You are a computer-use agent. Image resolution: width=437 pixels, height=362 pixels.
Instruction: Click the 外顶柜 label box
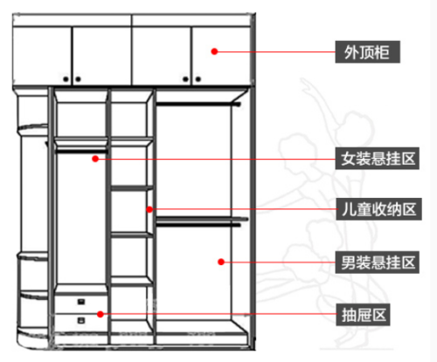click(x=367, y=52)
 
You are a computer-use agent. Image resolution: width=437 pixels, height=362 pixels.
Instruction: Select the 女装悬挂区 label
click(x=378, y=159)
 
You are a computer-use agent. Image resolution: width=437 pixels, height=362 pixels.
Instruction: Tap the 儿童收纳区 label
click(x=378, y=209)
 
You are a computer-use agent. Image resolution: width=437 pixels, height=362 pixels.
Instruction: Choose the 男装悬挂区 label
click(x=378, y=263)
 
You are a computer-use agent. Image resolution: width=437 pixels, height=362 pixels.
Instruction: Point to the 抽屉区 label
click(x=363, y=315)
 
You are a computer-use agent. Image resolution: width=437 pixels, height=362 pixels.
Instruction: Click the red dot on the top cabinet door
click(x=214, y=51)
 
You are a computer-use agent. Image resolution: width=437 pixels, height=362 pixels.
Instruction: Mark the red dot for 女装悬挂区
click(x=95, y=159)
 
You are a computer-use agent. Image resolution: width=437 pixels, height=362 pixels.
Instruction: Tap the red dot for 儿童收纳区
click(x=149, y=209)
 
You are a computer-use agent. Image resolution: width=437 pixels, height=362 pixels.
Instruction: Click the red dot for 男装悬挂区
click(x=221, y=262)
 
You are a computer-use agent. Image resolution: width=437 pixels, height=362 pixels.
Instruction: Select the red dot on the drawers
click(x=101, y=314)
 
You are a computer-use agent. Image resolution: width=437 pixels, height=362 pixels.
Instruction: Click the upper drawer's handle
click(x=81, y=302)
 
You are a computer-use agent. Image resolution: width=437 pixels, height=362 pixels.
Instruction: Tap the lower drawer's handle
click(x=81, y=320)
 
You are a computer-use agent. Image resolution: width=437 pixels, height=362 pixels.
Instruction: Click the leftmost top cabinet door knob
click(x=66, y=79)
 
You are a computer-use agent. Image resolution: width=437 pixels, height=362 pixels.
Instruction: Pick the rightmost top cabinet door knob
click(x=198, y=79)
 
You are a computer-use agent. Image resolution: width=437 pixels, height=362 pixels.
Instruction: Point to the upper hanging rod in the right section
click(x=198, y=104)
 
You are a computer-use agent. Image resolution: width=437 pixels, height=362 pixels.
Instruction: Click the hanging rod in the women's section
click(x=81, y=151)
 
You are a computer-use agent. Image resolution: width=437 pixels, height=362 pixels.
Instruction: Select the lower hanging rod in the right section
click(x=198, y=224)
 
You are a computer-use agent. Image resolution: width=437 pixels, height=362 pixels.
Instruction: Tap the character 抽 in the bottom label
click(x=349, y=315)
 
